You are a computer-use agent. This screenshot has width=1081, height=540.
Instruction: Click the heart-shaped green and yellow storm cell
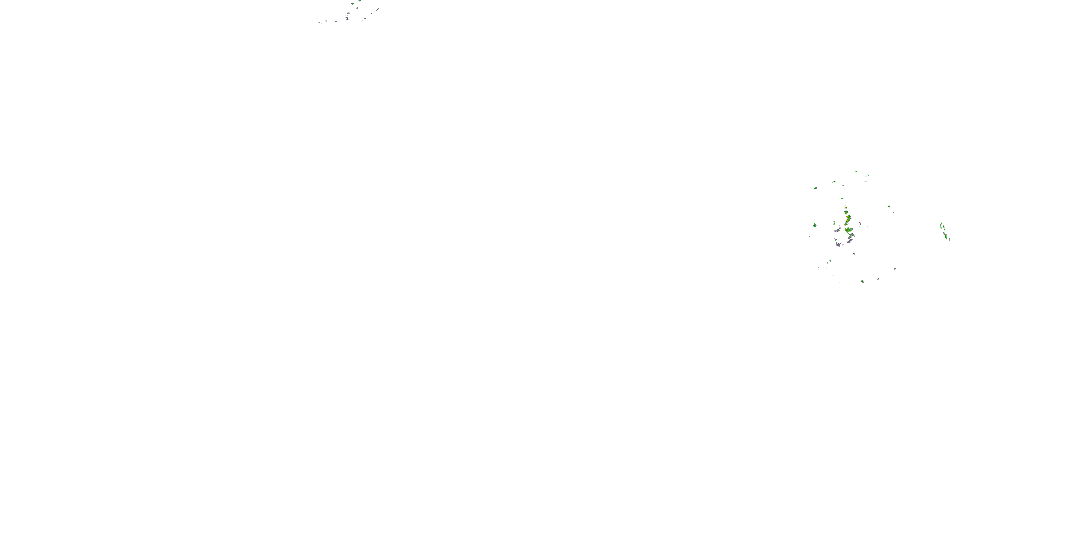(x=849, y=230)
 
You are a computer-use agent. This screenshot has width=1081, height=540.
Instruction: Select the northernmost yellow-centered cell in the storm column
(x=846, y=207)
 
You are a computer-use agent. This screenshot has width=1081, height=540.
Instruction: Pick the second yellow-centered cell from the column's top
(x=846, y=212)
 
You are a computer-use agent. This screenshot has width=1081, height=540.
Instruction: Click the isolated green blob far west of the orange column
(x=814, y=226)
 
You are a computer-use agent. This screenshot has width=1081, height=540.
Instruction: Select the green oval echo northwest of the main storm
(x=815, y=188)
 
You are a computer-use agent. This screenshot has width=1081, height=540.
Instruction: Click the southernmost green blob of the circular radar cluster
(x=862, y=281)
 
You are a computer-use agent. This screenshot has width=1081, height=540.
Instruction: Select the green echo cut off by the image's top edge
(x=360, y=1)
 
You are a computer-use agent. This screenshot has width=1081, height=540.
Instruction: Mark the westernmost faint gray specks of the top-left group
(x=319, y=23)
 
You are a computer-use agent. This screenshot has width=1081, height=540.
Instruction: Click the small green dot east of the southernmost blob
(x=878, y=279)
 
